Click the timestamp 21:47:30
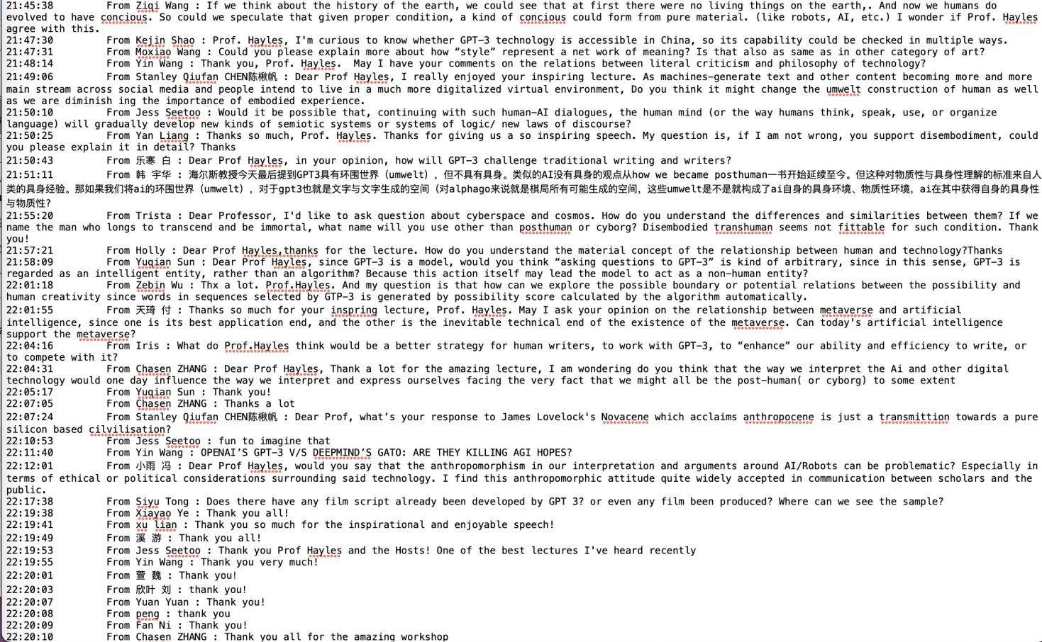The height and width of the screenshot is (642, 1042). [x=30, y=40]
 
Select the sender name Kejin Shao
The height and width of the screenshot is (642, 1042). [x=165, y=40]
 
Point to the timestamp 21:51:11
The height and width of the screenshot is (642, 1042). [x=30, y=174]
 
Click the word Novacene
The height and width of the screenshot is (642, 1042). [x=624, y=417]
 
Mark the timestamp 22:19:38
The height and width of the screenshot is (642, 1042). [x=30, y=513]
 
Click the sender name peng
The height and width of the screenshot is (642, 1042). [x=148, y=614]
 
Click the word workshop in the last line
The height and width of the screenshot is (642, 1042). [x=424, y=636]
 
